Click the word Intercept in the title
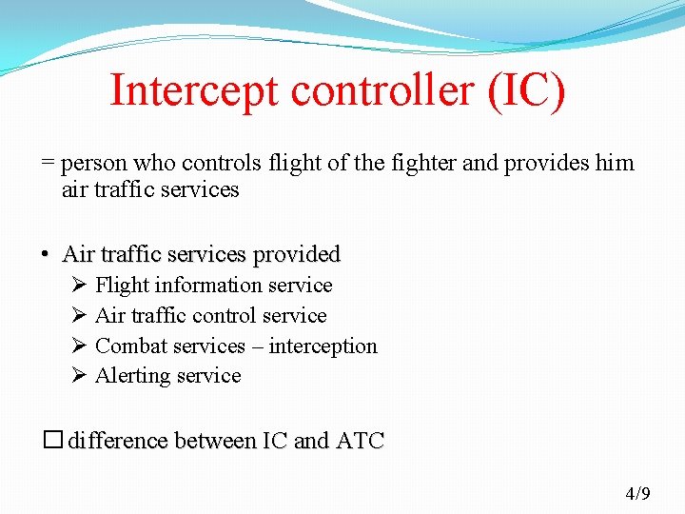click(195, 91)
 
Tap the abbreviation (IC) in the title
click(526, 91)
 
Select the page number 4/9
click(637, 493)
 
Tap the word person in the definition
click(95, 163)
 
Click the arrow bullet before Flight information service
click(79, 286)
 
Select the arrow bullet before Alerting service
click(79, 376)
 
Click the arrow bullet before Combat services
click(79, 346)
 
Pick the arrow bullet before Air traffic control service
click(79, 316)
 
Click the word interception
click(323, 346)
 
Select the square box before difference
click(52, 441)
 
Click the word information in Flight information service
click(208, 286)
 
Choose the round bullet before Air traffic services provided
click(45, 255)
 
